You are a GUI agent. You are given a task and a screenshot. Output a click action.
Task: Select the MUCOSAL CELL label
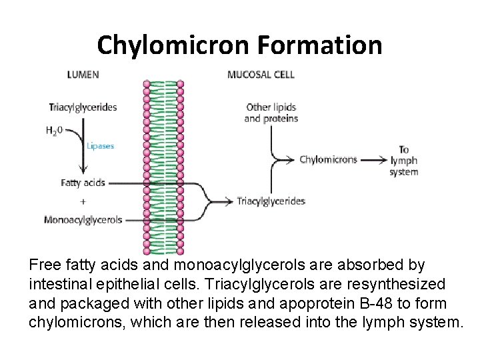coord(261,74)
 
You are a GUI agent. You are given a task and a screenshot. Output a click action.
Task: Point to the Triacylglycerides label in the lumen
coord(83,107)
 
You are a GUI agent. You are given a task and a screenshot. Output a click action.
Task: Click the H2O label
coord(55,131)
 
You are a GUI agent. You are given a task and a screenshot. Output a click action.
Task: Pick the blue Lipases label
coord(101,146)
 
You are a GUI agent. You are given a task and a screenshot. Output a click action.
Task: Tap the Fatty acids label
coord(83,182)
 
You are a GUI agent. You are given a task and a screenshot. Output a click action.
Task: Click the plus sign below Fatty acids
coord(83,201)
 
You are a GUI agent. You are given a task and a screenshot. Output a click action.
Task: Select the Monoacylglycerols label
coord(83,219)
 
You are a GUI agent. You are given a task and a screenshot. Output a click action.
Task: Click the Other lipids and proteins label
coord(271,113)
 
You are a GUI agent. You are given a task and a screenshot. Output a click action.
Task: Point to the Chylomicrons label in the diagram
coord(328,160)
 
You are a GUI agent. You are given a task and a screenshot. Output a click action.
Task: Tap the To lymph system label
coord(404,161)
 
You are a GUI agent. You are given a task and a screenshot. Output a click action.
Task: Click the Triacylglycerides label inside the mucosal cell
coord(271,201)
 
